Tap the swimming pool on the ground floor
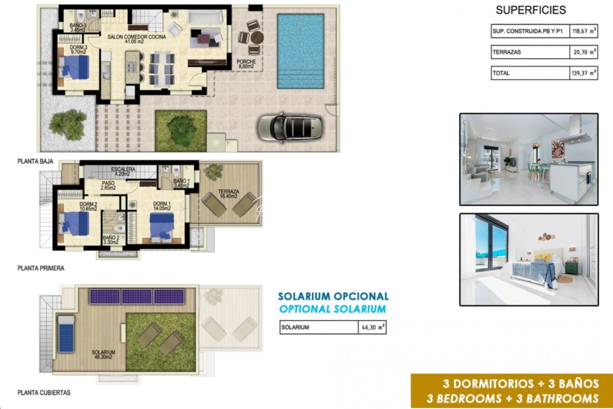pyautogui.click(x=300, y=51)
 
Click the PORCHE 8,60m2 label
pyautogui.click(x=246, y=64)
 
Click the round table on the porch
pyautogui.click(x=257, y=38)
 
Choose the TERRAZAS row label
pyautogui.click(x=507, y=52)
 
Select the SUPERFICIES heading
pyautogui.click(x=531, y=10)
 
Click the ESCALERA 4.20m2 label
pyautogui.click(x=123, y=171)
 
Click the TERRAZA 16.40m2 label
pyautogui.click(x=228, y=194)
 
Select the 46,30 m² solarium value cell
pyautogui.click(x=372, y=327)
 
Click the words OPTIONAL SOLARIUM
pyautogui.click(x=332, y=309)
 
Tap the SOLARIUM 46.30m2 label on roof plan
pyautogui.click(x=103, y=354)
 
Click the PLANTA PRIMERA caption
pyautogui.click(x=41, y=268)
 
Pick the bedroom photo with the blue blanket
pyautogui.click(x=529, y=260)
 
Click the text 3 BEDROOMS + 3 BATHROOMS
pyautogui.click(x=512, y=398)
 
